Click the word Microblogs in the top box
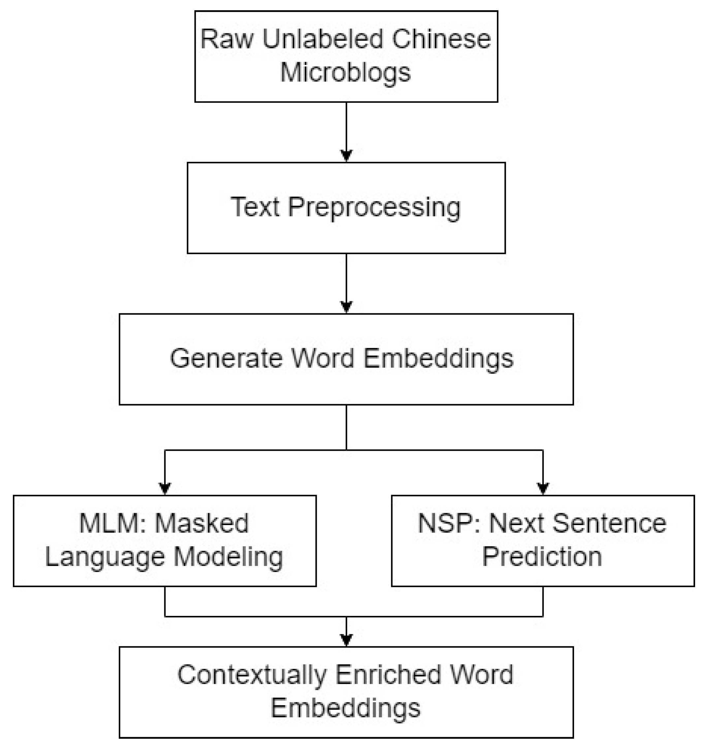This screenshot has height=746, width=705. (345, 72)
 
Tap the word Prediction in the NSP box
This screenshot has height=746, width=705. (542, 556)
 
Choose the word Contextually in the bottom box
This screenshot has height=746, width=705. (252, 675)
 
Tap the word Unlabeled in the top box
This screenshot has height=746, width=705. (322, 39)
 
